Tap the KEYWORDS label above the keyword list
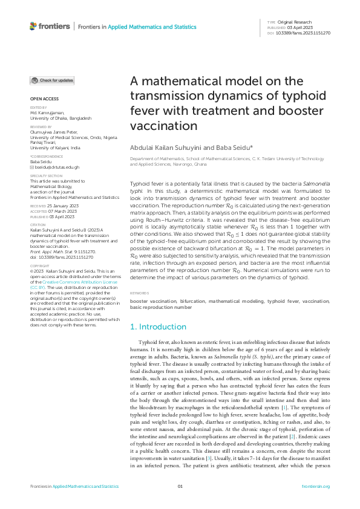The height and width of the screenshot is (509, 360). tap(140, 293)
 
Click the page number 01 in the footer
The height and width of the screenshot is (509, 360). tap(180, 487)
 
